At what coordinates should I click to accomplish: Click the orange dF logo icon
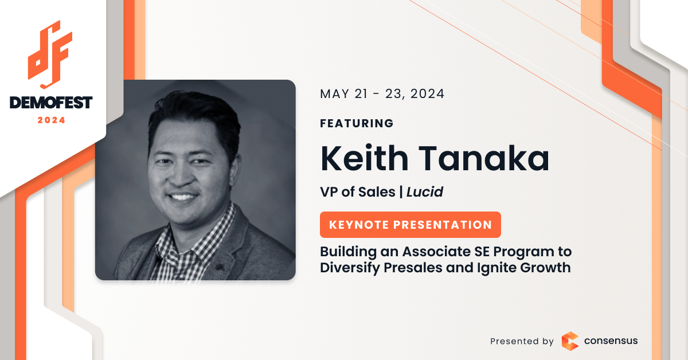point(50,54)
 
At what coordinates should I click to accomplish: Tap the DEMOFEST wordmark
point(51,103)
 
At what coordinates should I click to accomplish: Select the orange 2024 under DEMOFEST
point(51,120)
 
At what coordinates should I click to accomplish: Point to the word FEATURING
point(357,123)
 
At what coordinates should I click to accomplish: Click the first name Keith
point(364,158)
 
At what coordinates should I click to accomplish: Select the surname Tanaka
point(484,158)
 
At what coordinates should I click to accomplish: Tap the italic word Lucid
point(425,192)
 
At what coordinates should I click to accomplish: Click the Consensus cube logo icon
point(570,341)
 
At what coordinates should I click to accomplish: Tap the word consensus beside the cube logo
point(611,341)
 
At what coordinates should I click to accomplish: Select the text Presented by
point(522,341)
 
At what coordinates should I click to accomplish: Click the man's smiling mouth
point(183,197)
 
